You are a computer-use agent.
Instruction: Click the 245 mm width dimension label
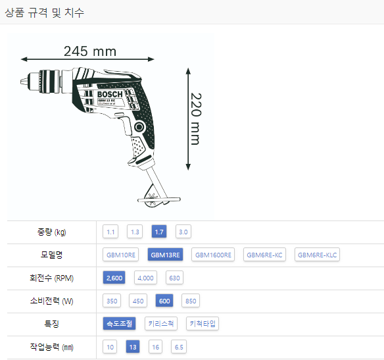[x=90, y=51]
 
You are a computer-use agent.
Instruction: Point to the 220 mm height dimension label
[x=196, y=119]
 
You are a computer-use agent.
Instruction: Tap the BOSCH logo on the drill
[x=110, y=94]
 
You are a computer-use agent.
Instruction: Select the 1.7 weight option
[x=159, y=232]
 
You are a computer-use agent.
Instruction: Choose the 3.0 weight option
[x=183, y=232]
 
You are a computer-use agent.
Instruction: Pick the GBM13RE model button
[x=165, y=255]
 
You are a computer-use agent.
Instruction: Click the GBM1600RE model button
[x=213, y=255]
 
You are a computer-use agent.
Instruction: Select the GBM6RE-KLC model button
[x=317, y=255]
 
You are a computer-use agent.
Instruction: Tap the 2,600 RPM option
[x=114, y=278]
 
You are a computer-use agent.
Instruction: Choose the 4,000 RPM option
[x=145, y=278]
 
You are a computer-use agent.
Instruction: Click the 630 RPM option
[x=174, y=278]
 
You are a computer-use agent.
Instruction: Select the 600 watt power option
[x=164, y=301]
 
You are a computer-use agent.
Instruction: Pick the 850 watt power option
[x=191, y=301]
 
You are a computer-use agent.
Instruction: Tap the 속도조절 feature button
[x=119, y=324]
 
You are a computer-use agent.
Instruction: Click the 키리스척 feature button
[x=161, y=324]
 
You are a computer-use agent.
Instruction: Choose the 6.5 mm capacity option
[x=179, y=347]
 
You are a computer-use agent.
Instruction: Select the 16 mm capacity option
[x=156, y=347]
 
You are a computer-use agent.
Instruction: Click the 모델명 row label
[x=51, y=255]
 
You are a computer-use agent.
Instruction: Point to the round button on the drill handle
[x=139, y=127]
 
